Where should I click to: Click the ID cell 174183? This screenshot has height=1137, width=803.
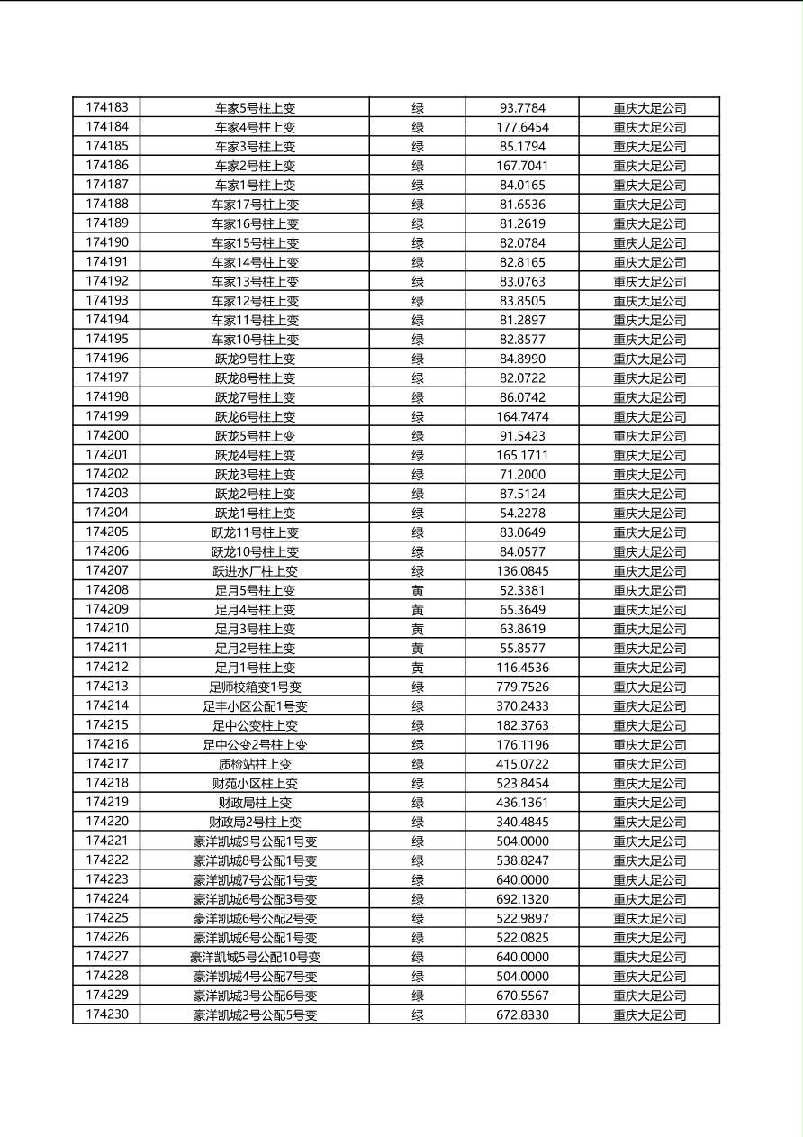click(107, 107)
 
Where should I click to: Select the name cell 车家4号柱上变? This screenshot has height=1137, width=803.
click(255, 127)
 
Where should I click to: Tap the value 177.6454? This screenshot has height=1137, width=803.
click(522, 127)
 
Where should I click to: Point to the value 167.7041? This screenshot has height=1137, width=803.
click(522, 166)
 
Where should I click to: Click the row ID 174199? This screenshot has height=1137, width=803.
click(107, 416)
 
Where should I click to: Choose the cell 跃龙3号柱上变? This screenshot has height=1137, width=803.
click(255, 474)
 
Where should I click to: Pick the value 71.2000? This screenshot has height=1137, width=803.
click(522, 474)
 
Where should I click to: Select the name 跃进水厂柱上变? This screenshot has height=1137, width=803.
click(255, 570)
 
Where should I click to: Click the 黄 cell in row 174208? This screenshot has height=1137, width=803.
click(418, 590)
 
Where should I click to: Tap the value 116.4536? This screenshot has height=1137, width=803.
click(522, 668)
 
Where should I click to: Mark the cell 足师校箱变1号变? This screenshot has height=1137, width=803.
click(255, 687)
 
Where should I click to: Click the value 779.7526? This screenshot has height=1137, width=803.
click(522, 687)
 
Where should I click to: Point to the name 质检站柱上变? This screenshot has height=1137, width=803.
click(255, 764)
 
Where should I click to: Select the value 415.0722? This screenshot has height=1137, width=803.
click(522, 764)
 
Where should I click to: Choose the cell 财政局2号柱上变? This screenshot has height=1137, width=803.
click(255, 822)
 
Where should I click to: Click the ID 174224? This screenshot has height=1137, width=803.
click(107, 899)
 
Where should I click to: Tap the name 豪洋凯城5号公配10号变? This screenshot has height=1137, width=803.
click(255, 957)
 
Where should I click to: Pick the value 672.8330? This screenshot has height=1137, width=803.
click(522, 1014)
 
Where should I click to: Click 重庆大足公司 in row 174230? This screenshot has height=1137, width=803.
click(650, 1014)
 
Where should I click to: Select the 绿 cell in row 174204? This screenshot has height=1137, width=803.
click(418, 513)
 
